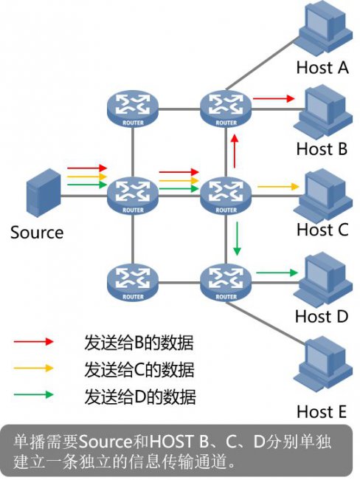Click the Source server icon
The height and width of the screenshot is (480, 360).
pos(44,193)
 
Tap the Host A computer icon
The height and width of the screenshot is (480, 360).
pos(325,27)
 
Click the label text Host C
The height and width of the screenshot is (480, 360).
pos(322,230)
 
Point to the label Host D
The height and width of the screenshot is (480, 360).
pos(322,316)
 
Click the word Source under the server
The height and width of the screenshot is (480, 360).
pos(37,233)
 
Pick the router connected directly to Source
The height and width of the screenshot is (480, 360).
pos(133,196)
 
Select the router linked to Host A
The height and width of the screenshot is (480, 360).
pos(226,109)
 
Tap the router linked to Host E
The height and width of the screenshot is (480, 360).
pos(226,283)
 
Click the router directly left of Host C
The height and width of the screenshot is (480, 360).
pos(226,196)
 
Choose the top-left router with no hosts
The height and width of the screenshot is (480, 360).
pos(133,109)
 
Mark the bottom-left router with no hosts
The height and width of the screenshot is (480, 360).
pos(133,283)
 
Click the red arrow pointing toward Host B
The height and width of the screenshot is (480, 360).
pos(274,98)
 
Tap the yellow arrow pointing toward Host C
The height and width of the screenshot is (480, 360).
pos(278,186)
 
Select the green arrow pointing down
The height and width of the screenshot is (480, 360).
pos(237,239)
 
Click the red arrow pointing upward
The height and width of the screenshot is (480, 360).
pos(235,151)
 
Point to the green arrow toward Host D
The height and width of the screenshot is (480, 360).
pos(277,272)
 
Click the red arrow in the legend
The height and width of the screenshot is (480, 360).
pos(34,341)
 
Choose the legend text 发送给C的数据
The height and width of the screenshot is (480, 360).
pos(139,369)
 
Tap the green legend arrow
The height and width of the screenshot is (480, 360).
pos(34,394)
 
